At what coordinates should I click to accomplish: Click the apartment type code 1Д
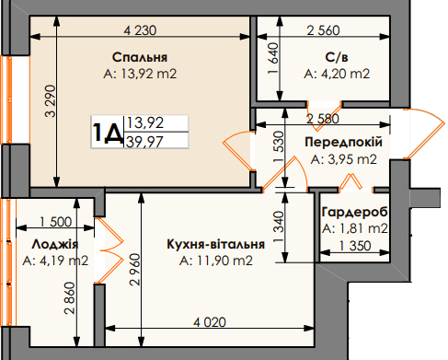[108, 134]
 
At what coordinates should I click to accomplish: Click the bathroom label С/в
[335, 57]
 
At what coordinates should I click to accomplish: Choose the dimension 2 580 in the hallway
[327, 118]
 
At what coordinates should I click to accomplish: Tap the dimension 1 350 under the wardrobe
[354, 246]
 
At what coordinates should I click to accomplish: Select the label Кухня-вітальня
[216, 244]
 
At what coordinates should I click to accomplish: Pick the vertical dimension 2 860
[70, 298]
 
